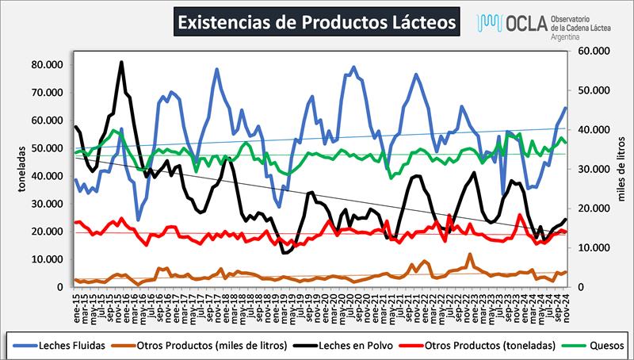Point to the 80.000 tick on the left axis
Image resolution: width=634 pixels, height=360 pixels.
tap(46, 63)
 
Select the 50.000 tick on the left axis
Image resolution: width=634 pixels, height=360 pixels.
tap(46, 147)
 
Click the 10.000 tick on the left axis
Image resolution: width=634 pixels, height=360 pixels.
tap(46, 259)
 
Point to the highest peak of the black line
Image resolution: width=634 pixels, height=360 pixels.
tap(121, 62)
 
